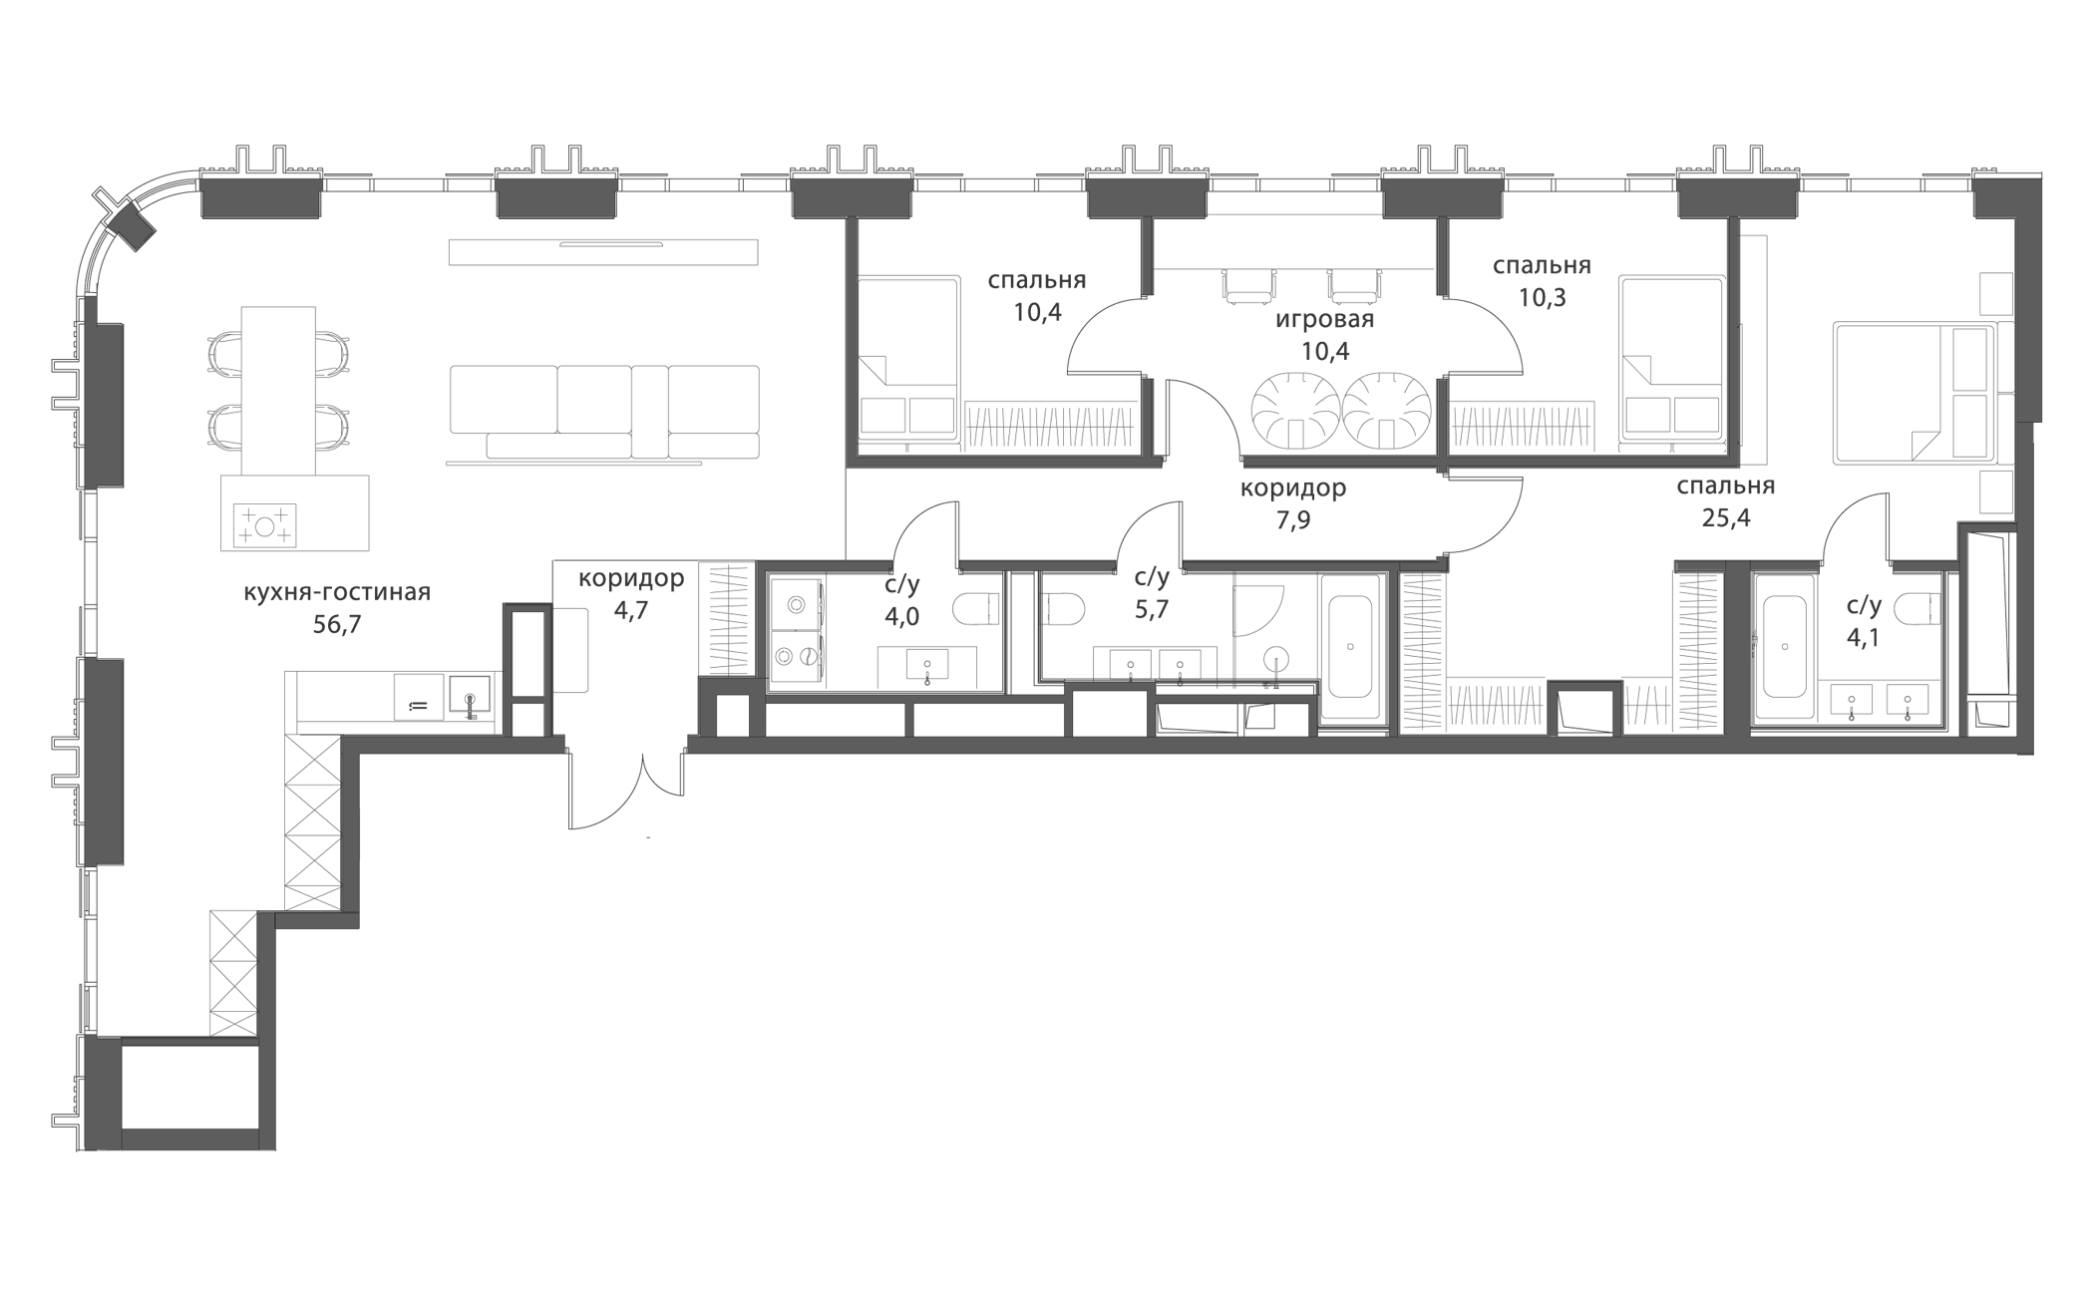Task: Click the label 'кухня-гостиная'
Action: click(337, 593)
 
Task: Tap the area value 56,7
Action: click(337, 625)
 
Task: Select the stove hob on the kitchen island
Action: click(264, 525)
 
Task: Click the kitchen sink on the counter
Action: click(470, 694)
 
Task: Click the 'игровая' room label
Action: click(1324, 320)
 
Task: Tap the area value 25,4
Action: click(1725, 518)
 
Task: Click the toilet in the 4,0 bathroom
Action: click(976, 607)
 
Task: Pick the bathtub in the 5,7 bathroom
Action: click(1351, 646)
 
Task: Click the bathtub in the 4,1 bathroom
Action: click(1784, 646)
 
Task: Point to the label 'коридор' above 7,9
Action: click(1293, 488)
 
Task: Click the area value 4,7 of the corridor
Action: click(630, 611)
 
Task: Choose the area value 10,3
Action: click(1542, 297)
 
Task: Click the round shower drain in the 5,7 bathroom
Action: click(1276, 658)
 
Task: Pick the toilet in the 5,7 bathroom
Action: click(1063, 608)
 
